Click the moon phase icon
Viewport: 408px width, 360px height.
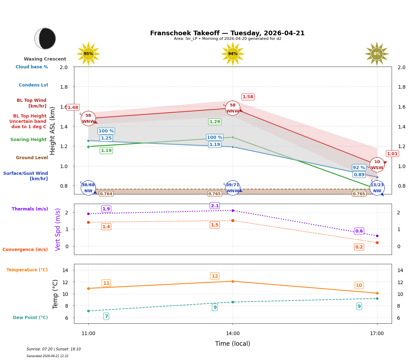[x=45, y=38]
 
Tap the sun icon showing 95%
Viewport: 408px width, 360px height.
[x=88, y=54]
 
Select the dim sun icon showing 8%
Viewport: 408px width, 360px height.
[x=377, y=54]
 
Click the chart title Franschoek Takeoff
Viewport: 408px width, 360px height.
[x=227, y=33]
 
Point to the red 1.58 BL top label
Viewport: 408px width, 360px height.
[x=248, y=97]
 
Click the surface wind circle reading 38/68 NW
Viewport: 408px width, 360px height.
[x=88, y=188]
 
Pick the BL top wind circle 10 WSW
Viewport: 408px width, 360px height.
[x=377, y=165]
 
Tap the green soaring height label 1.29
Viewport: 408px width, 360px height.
[x=214, y=122]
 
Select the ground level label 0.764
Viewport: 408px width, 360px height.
[x=106, y=194]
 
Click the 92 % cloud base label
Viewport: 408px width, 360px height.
[x=359, y=167]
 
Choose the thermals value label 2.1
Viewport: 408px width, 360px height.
[x=214, y=205]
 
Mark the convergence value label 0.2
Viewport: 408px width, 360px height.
[x=359, y=247]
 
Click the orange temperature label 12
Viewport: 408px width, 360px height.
[x=214, y=276]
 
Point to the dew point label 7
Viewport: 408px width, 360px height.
[x=106, y=316]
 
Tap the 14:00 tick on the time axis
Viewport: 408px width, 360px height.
[x=233, y=334]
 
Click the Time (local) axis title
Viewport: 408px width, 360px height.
[x=233, y=344]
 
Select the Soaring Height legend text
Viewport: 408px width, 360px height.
[x=28, y=140]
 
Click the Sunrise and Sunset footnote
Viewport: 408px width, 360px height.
[x=54, y=349]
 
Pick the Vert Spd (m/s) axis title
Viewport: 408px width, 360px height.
[x=58, y=229]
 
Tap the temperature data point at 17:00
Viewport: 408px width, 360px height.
[x=377, y=293]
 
